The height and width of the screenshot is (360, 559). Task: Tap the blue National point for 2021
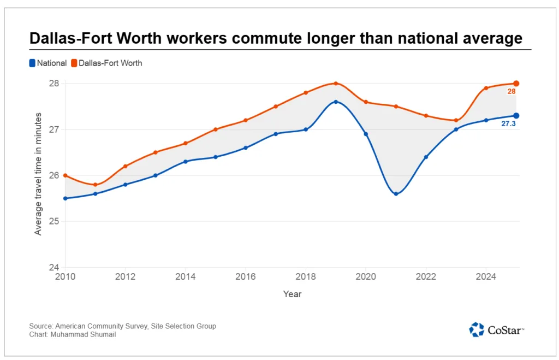(x=396, y=194)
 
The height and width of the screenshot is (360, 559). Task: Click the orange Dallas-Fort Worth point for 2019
(x=336, y=84)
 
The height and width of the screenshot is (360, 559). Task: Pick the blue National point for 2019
(x=336, y=102)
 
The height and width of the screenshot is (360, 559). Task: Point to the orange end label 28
(x=512, y=92)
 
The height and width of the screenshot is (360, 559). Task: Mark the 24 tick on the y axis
(x=55, y=268)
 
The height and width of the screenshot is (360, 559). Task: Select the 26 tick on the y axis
(x=55, y=175)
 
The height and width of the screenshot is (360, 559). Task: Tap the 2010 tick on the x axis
(x=66, y=277)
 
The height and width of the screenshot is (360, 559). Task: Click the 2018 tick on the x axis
(x=306, y=277)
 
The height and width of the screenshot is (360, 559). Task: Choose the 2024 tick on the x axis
(x=486, y=277)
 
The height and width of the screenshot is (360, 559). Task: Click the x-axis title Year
(x=292, y=294)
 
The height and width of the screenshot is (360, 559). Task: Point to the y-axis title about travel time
(x=38, y=174)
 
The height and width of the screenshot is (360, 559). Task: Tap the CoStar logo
(x=497, y=329)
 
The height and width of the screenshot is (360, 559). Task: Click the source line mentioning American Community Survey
(x=123, y=326)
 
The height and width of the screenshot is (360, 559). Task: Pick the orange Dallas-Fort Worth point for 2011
(x=96, y=185)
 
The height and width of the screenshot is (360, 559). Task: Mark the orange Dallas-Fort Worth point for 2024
(x=486, y=88)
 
